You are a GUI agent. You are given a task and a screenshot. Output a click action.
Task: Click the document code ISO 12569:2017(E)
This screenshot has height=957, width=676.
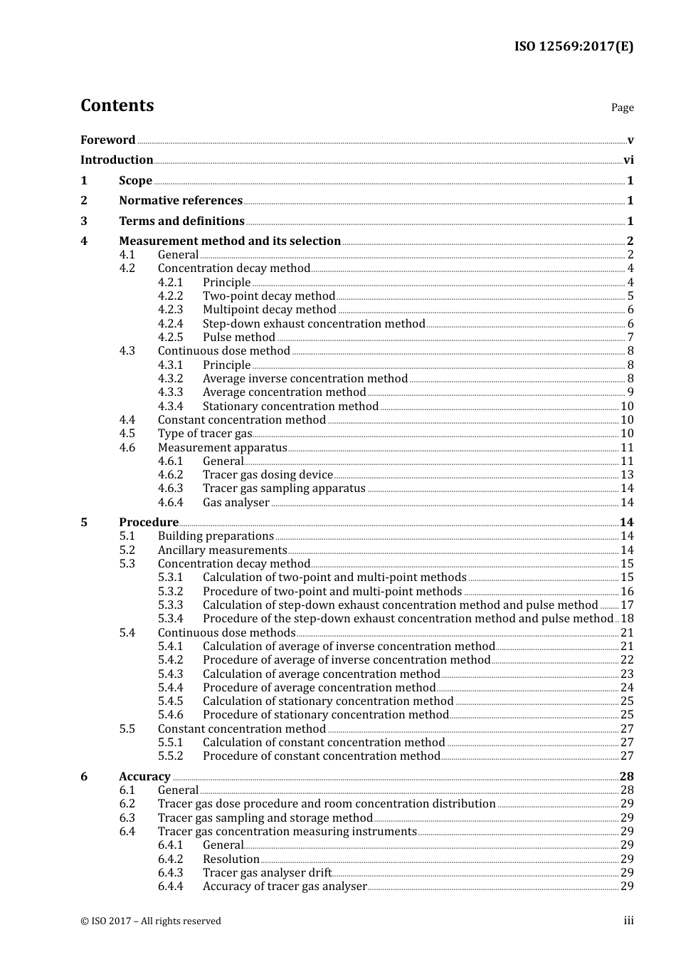click(574, 47)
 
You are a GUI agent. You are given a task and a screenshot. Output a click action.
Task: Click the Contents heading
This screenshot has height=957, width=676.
click(117, 105)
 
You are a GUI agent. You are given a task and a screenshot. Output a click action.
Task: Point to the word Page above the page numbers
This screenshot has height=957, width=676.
click(622, 108)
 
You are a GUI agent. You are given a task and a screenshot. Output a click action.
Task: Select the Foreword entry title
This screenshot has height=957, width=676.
click(107, 140)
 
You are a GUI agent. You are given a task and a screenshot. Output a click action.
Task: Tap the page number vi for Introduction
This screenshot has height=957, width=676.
click(628, 160)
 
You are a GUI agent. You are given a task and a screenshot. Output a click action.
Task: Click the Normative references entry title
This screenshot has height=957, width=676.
click(181, 201)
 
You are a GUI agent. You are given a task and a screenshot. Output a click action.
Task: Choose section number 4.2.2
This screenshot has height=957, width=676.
click(170, 296)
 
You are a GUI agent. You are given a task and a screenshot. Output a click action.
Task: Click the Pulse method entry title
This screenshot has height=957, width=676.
click(238, 338)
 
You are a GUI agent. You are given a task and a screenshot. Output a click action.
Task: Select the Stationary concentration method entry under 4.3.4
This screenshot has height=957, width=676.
click(290, 407)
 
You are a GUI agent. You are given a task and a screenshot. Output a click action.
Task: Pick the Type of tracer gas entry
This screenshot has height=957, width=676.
click(204, 434)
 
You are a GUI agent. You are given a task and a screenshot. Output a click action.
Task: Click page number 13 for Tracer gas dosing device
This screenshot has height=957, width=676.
click(627, 475)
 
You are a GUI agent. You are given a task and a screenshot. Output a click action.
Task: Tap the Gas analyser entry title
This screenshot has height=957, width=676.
click(236, 503)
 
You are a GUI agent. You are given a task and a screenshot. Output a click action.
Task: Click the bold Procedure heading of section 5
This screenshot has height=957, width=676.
click(149, 523)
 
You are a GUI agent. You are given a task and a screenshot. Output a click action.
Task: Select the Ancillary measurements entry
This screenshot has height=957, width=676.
click(222, 550)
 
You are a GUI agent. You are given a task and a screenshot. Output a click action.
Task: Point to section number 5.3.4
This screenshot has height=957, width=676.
click(170, 619)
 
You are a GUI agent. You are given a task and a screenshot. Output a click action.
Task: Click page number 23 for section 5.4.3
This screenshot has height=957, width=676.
click(627, 674)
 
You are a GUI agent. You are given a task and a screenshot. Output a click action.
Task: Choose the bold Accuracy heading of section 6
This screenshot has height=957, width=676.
click(144, 777)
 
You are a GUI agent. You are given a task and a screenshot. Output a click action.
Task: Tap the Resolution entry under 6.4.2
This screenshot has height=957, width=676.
click(231, 859)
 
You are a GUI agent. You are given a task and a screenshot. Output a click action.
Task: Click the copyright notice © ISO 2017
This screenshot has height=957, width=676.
click(151, 921)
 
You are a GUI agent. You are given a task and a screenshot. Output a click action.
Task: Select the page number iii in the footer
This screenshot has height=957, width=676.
click(628, 921)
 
